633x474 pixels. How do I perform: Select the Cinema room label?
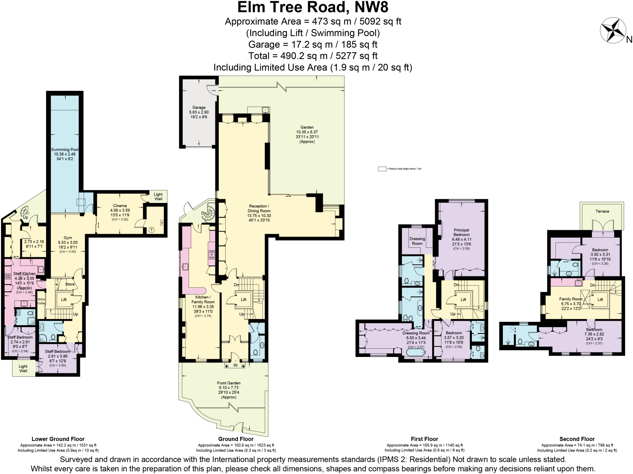point(120,206)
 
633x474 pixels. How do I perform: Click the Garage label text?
point(199,107)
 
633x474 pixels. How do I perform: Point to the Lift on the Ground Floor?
point(244,300)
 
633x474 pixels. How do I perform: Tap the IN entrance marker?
point(235,366)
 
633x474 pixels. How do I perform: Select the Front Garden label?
point(228,383)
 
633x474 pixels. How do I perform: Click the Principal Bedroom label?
point(461,232)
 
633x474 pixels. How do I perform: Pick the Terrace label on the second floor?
point(602,211)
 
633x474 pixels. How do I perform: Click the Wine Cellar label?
point(41,301)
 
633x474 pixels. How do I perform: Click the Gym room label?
point(68,238)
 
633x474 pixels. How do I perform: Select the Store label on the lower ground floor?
point(70,284)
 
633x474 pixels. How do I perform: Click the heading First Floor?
point(424,439)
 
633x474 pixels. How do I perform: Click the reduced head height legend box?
point(382,169)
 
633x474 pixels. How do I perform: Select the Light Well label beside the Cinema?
point(158,196)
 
